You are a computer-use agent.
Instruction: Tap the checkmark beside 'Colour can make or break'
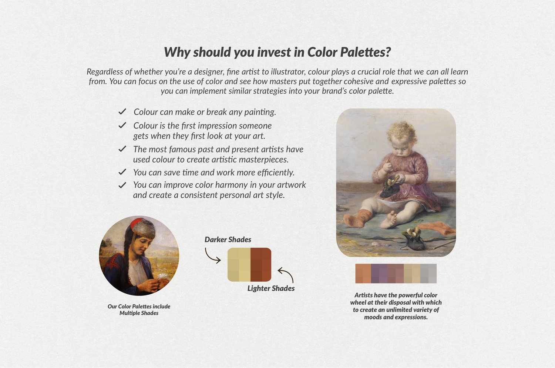122,111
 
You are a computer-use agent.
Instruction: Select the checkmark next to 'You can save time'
122,172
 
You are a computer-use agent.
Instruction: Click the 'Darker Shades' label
228,240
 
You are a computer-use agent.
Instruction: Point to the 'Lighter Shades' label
271,288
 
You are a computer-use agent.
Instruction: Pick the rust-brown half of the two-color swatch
261,265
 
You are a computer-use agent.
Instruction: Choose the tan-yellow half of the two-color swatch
239,265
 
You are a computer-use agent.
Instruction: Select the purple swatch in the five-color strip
379,274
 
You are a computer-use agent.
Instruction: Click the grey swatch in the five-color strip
428,274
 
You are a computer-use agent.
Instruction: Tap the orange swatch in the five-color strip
363,274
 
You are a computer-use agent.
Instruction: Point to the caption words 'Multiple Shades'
139,313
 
